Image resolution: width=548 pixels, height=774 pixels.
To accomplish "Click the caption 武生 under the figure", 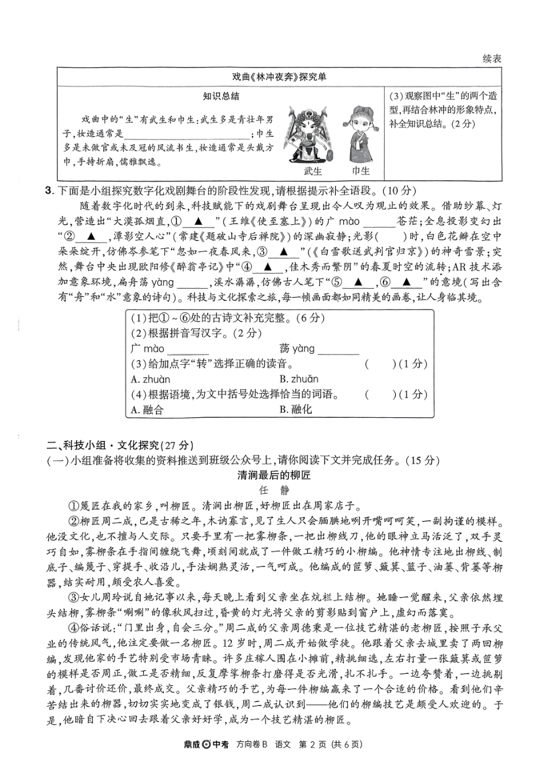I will click(313, 171).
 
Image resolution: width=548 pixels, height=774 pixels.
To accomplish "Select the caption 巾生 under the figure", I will click(361, 171).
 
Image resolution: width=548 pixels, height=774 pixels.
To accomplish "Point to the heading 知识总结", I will click(221, 96).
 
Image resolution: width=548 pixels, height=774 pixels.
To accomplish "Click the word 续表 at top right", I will click(491, 58).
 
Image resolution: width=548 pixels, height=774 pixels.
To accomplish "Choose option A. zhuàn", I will click(151, 379).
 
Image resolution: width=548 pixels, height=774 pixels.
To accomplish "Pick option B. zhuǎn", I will click(299, 379).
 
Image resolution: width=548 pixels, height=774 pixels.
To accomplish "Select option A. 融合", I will click(147, 410).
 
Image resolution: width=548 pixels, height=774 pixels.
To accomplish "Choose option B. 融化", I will click(295, 410).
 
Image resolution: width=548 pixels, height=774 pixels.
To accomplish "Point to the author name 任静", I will click(274, 491).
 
